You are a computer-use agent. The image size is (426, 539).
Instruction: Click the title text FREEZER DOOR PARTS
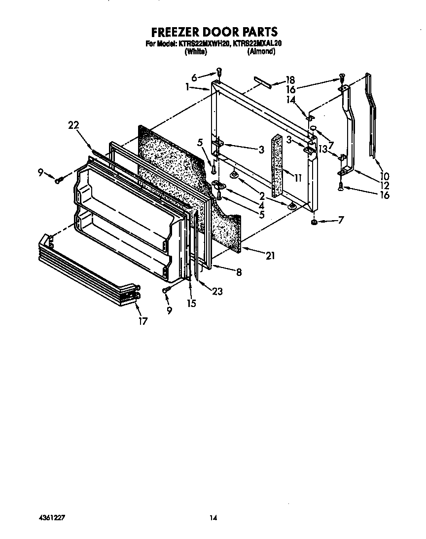[x=214, y=33]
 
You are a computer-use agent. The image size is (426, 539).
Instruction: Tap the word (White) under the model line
[x=195, y=51]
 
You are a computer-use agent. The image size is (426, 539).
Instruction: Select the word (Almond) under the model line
[x=261, y=51]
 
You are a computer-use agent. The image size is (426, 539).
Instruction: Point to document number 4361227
[x=52, y=518]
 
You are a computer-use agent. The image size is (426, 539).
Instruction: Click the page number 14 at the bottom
[x=213, y=518]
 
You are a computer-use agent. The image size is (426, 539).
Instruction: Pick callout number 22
[x=73, y=126]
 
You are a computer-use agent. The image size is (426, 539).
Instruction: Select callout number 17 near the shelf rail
[x=143, y=321]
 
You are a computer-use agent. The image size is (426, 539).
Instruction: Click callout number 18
[x=290, y=80]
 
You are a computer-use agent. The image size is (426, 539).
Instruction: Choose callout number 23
[x=216, y=291]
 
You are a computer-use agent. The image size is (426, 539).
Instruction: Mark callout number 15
[x=191, y=303]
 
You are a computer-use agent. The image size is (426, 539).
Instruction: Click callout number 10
[x=384, y=176]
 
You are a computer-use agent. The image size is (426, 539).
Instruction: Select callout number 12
[x=384, y=186]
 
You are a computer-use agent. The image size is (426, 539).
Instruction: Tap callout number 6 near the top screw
[x=194, y=77]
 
